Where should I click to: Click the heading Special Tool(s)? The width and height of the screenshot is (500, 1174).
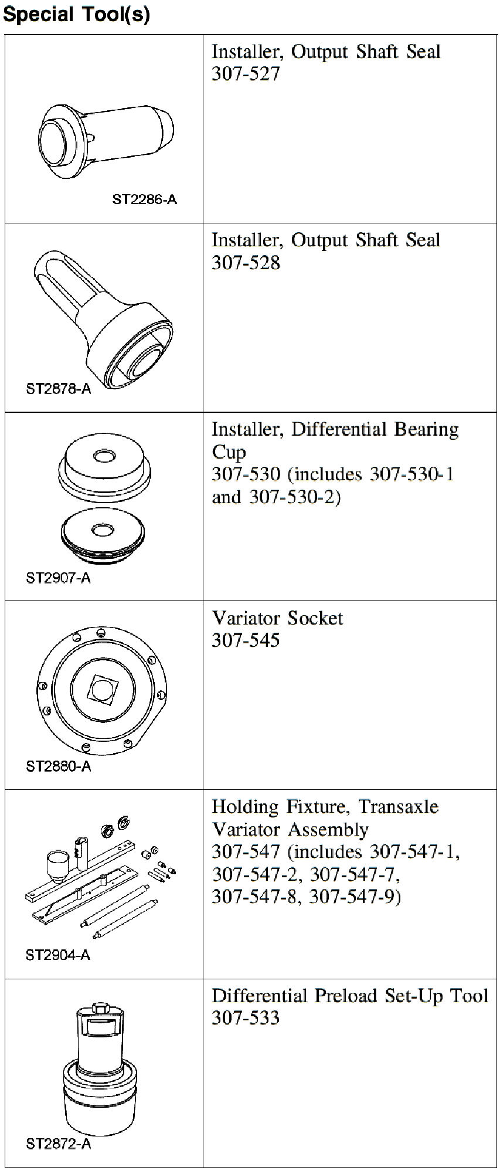(x=77, y=13)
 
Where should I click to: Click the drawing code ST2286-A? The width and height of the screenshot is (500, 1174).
(x=144, y=199)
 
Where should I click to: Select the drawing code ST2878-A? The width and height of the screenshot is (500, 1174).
(x=59, y=389)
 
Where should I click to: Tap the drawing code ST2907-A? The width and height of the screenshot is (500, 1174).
(x=59, y=578)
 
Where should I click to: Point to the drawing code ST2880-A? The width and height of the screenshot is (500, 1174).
(x=59, y=766)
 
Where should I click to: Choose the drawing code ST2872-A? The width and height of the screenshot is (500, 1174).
(x=59, y=1144)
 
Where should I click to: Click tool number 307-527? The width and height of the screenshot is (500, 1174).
(x=246, y=74)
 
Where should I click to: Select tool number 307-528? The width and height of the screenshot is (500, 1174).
(x=246, y=263)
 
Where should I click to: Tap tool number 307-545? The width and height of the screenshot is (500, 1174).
(x=246, y=640)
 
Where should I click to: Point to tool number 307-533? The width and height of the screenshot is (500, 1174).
(x=246, y=1018)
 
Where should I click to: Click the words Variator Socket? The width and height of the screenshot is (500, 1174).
(x=277, y=618)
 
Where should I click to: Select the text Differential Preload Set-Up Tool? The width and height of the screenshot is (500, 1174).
(x=350, y=996)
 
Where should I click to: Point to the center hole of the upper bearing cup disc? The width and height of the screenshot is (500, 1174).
(x=105, y=456)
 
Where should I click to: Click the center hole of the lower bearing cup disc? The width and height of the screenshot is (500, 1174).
(x=103, y=530)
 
